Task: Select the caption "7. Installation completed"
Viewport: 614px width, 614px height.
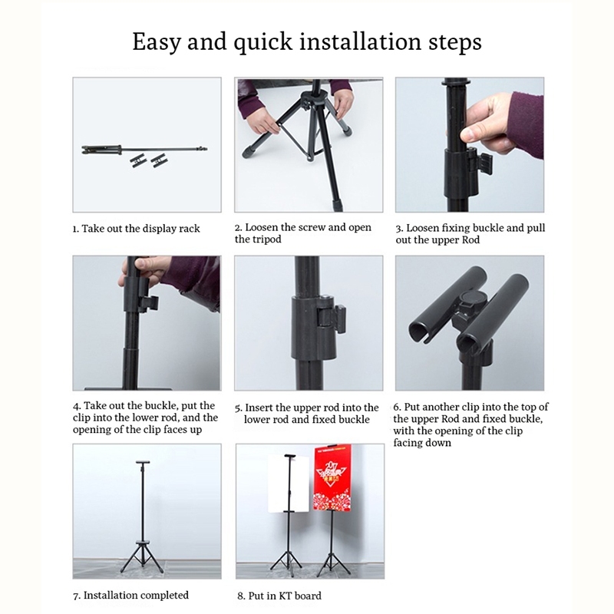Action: click(130, 596)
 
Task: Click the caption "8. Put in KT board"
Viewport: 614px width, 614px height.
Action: click(279, 596)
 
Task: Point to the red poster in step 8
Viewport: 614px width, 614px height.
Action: click(332, 477)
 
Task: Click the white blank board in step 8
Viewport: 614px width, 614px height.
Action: click(282, 484)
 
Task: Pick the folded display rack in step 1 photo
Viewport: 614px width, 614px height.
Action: click(144, 150)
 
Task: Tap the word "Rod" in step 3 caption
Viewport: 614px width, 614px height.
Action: click(470, 239)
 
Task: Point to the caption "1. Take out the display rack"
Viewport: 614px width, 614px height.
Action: click(137, 229)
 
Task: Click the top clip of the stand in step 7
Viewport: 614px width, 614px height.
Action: click(143, 463)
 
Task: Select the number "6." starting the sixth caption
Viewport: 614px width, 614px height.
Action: click(397, 407)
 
